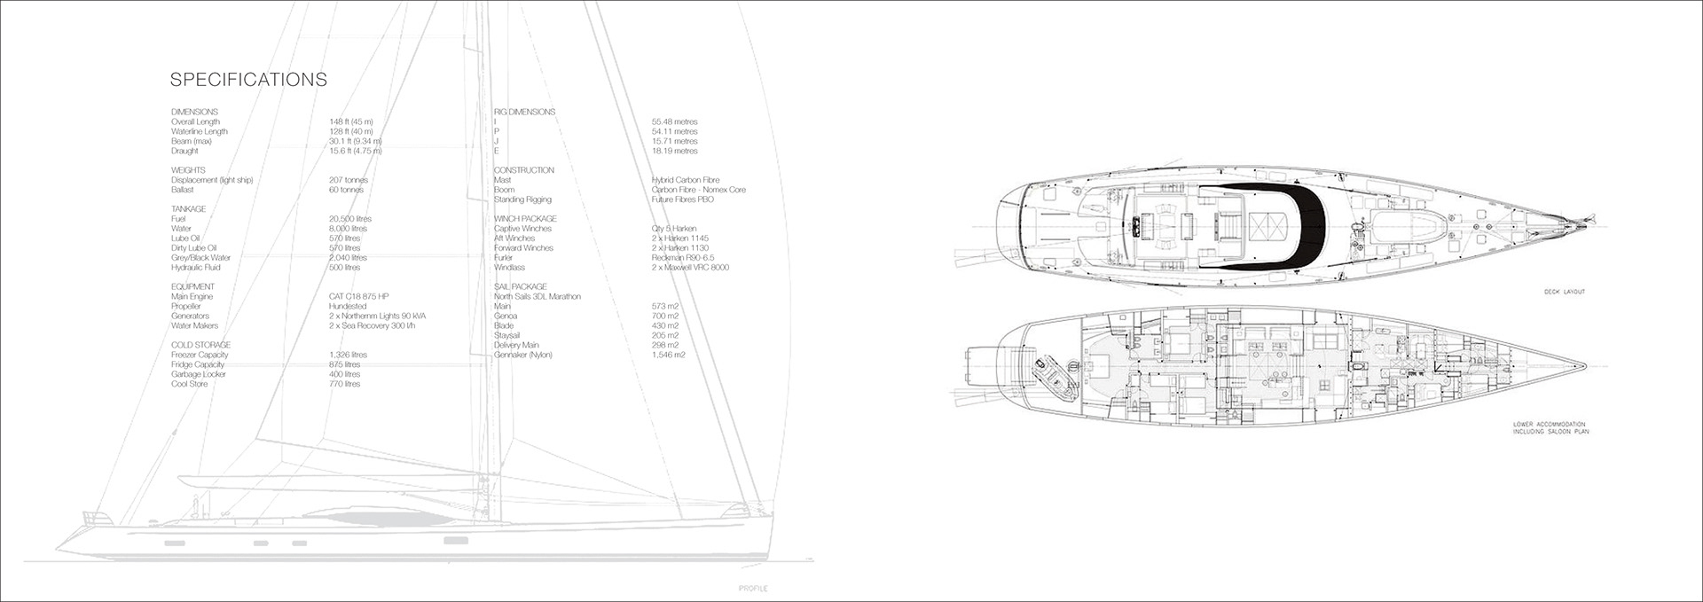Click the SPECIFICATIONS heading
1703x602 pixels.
click(x=248, y=80)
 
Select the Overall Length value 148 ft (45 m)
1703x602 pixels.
click(x=351, y=121)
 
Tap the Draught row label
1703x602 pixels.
click(x=185, y=151)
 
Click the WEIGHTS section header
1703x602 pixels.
click(x=188, y=170)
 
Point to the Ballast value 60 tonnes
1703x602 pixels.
click(x=347, y=190)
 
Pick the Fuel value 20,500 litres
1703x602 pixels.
click(x=350, y=219)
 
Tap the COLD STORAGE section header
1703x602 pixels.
click(x=200, y=345)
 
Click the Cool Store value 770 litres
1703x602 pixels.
click(x=344, y=384)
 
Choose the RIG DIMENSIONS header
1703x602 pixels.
click(x=524, y=112)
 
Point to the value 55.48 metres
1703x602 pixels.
click(x=674, y=121)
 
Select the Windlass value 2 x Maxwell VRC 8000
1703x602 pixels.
click(x=690, y=267)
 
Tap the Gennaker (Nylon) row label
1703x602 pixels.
click(x=523, y=355)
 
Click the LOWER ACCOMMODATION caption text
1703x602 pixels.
click(x=1550, y=426)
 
